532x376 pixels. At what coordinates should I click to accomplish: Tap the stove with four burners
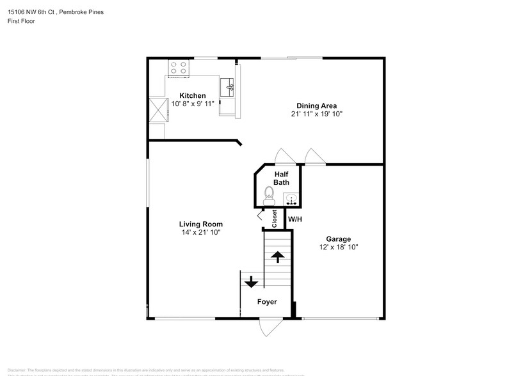[178, 68]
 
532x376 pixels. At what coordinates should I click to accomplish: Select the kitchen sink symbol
[228, 86]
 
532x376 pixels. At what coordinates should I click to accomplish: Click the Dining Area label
[316, 106]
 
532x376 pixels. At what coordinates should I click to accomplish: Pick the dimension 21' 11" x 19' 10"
[316, 114]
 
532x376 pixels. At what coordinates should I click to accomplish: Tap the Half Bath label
[281, 178]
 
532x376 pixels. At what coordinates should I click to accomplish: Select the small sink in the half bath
[291, 200]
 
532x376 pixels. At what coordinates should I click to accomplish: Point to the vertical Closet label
[275, 219]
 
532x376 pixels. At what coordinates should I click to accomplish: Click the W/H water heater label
[294, 220]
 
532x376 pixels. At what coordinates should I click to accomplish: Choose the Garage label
[338, 239]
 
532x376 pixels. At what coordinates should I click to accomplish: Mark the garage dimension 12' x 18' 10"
[338, 247]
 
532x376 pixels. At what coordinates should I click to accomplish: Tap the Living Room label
[200, 224]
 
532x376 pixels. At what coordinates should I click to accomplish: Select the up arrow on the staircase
[277, 257]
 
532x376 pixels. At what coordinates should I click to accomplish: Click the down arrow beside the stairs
[250, 281]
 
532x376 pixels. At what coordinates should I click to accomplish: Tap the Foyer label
[267, 301]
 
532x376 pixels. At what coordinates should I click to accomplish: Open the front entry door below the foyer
[268, 326]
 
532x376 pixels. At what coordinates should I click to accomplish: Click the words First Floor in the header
[22, 21]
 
